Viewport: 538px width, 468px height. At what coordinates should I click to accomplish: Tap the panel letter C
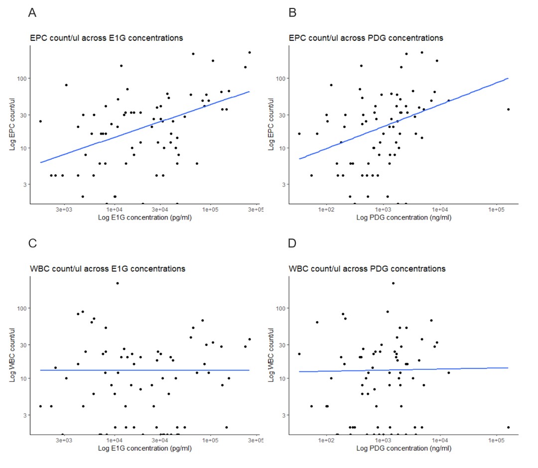[x=32, y=244]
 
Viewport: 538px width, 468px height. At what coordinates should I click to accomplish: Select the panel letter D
[x=293, y=244]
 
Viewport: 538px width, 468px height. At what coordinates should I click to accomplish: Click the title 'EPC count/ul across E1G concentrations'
[x=106, y=38]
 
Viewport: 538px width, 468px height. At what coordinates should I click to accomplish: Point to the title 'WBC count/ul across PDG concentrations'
[x=367, y=269]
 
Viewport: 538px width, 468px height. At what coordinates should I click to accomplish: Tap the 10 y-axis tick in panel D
[x=284, y=378]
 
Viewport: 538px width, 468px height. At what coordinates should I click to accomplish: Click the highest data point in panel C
[x=118, y=283]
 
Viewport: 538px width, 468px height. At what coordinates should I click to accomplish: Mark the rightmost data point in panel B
[x=508, y=109]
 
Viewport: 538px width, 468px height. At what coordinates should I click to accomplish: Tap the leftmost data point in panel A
[x=41, y=121]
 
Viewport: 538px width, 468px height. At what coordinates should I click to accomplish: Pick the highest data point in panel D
[x=393, y=283]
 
